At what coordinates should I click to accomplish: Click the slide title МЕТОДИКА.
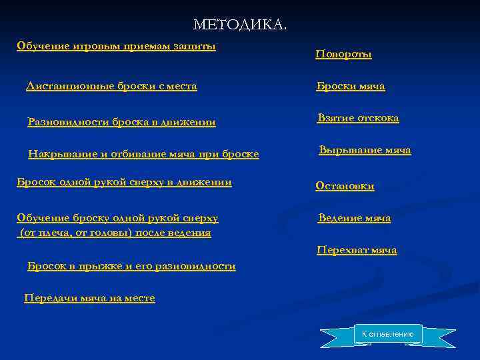(x=240, y=25)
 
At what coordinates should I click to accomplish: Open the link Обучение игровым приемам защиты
(x=116, y=46)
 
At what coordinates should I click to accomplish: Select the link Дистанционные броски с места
(x=111, y=87)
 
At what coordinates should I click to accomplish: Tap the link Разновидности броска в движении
(x=121, y=122)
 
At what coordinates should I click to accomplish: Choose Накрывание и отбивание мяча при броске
(x=143, y=155)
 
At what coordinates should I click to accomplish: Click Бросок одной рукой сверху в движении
(x=124, y=183)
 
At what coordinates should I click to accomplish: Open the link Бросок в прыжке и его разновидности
(x=131, y=266)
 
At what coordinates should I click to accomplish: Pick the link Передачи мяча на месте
(x=89, y=299)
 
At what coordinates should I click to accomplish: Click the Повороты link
(x=343, y=55)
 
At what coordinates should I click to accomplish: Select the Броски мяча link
(x=350, y=87)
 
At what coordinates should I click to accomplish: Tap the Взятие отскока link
(x=358, y=118)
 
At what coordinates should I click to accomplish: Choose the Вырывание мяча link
(x=365, y=151)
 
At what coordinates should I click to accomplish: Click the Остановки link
(x=345, y=187)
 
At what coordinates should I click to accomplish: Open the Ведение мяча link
(x=354, y=219)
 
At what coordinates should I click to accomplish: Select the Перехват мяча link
(x=357, y=251)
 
